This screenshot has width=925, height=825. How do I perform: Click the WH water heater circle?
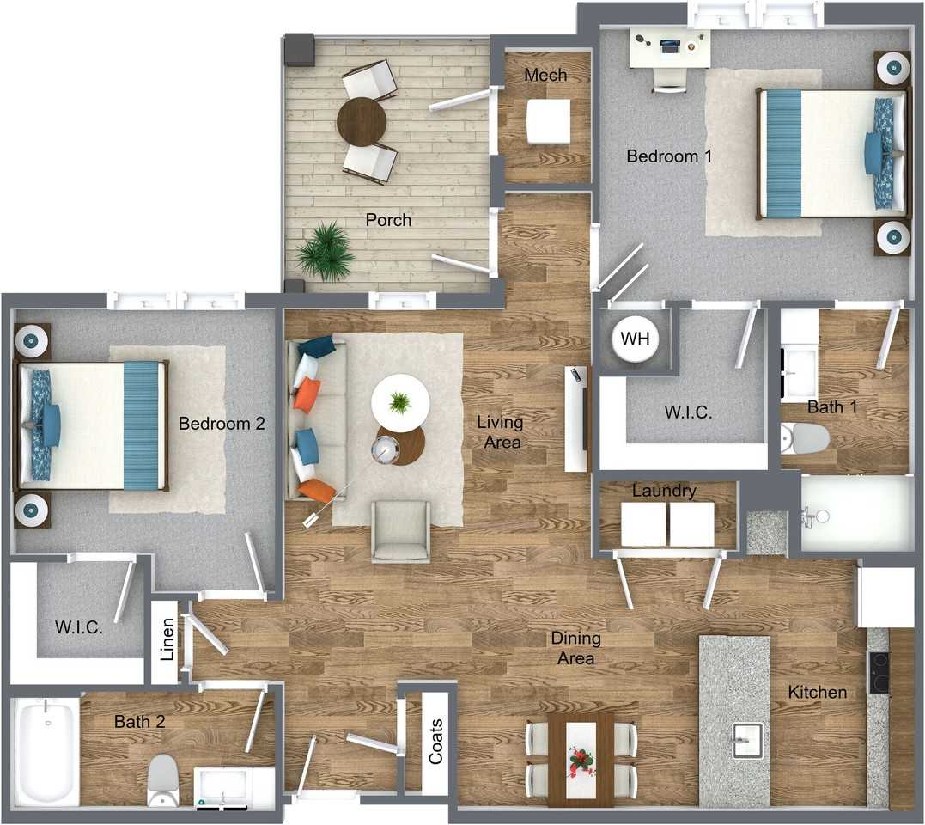[x=635, y=338]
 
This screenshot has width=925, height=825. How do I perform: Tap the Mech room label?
[x=545, y=75]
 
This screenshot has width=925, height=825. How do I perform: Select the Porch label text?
[x=388, y=220]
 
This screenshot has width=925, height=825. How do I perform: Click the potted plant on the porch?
[x=325, y=252]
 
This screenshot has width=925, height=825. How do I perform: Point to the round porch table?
[x=362, y=120]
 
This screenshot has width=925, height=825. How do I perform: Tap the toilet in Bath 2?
[x=162, y=780]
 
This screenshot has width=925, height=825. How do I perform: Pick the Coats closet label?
[x=436, y=741]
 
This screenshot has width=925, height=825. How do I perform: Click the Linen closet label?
[x=167, y=639]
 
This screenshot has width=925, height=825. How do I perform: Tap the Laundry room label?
[x=664, y=491]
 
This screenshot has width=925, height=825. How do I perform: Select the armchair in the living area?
[x=400, y=530]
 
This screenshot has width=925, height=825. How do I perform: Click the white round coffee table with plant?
[x=400, y=404]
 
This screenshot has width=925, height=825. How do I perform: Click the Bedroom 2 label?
[x=222, y=424]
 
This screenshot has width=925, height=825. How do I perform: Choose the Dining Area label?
[x=575, y=648]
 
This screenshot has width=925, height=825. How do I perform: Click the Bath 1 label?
[x=832, y=407]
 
